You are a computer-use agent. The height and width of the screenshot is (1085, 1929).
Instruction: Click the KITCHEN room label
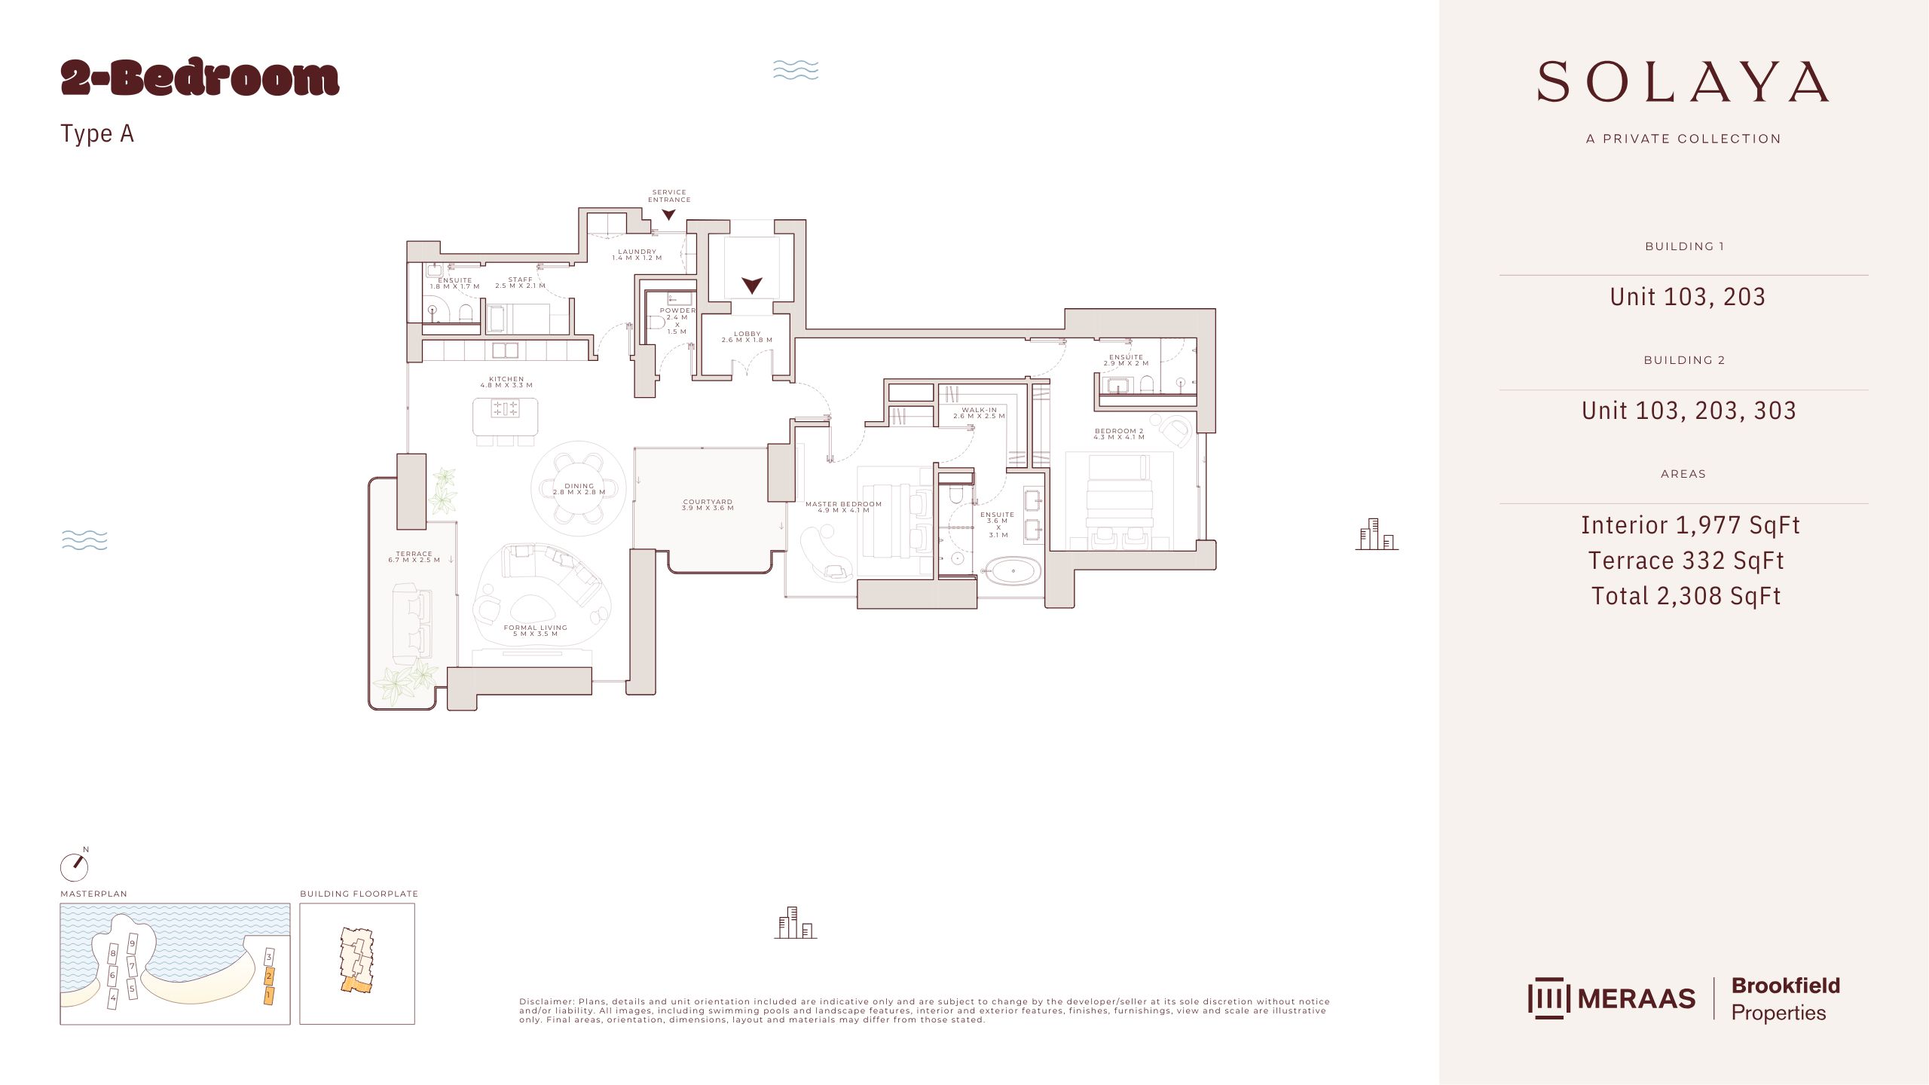point(506,379)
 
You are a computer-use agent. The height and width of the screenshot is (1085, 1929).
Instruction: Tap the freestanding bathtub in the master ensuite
point(1013,571)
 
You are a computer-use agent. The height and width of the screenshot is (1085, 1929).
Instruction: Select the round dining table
point(579,488)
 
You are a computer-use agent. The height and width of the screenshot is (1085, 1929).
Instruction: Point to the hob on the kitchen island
point(505,408)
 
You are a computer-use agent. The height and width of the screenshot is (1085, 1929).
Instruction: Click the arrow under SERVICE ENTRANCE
point(668,215)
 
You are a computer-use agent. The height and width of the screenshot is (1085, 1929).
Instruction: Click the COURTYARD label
point(708,502)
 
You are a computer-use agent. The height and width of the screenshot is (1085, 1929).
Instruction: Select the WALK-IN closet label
point(979,410)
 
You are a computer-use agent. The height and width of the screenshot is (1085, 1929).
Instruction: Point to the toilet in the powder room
point(655,322)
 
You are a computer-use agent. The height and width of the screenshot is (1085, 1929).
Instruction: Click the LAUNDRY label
point(637,252)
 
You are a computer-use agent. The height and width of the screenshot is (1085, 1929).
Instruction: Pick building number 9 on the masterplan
point(133,943)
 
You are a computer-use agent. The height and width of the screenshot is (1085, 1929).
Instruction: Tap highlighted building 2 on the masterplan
point(268,976)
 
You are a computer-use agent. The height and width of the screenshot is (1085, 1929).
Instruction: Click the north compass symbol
point(74,866)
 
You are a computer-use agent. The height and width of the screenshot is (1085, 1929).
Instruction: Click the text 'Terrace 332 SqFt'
point(1686,561)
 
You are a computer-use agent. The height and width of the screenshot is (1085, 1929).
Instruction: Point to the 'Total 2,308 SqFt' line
point(1686,596)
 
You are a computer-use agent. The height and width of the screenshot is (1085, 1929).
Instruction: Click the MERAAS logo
point(1612,998)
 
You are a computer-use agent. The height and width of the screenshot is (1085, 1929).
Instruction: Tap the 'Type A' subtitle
point(97,133)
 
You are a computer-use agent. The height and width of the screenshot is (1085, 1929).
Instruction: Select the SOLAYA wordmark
point(1683,82)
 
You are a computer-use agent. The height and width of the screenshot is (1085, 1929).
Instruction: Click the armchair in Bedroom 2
point(1174,431)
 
